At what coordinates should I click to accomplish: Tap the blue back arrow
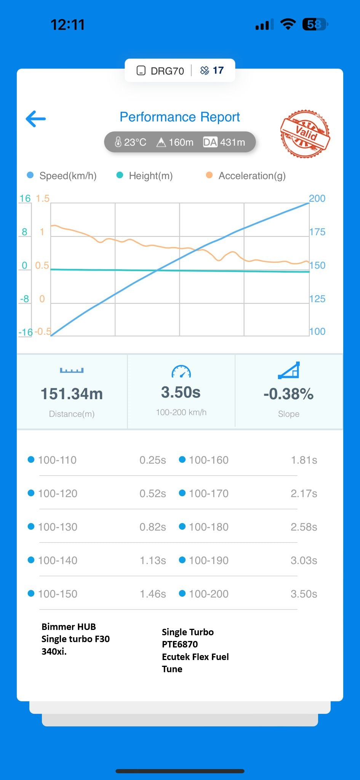(x=36, y=119)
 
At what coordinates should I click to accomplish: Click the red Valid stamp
(x=305, y=134)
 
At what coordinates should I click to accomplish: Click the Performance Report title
(x=180, y=117)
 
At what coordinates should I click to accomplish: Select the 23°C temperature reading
(x=131, y=142)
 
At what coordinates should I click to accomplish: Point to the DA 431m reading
(x=224, y=142)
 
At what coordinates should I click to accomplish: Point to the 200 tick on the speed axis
(x=317, y=198)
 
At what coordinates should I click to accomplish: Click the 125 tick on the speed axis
(x=317, y=299)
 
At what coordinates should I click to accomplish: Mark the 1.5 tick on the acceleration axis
(x=43, y=198)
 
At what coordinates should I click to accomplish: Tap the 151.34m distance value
(x=72, y=394)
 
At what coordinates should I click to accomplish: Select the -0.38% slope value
(x=288, y=394)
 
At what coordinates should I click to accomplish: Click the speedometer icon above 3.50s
(x=181, y=371)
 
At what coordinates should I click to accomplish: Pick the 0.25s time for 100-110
(x=152, y=460)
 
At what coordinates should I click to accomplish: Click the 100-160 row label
(x=208, y=460)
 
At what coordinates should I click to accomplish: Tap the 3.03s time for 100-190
(x=304, y=561)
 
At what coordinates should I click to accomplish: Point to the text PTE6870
(x=180, y=644)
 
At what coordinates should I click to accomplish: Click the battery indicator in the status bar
(x=314, y=25)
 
